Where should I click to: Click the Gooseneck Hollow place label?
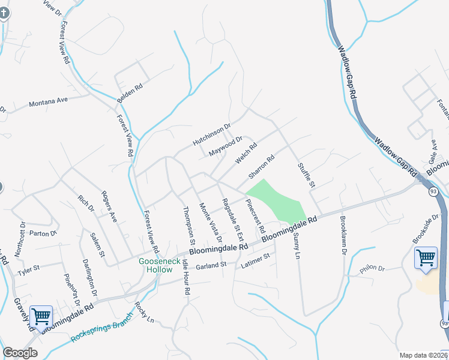[159, 265]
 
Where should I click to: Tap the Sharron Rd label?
[261, 167]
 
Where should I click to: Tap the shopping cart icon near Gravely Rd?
[41, 316]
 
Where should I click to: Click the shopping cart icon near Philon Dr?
[426, 259]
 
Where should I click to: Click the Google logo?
[20, 353]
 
